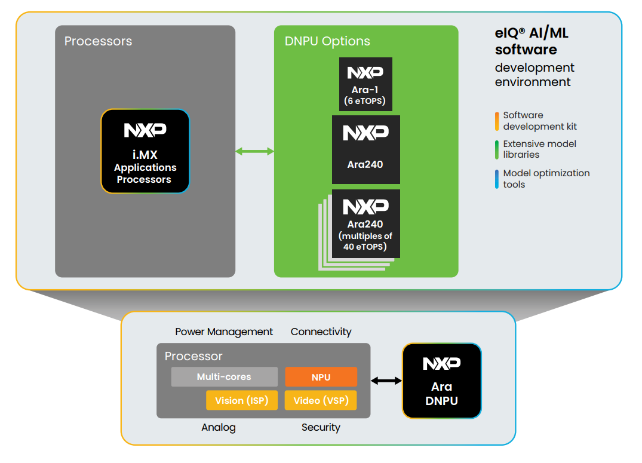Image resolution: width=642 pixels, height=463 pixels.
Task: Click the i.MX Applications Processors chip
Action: [145, 151]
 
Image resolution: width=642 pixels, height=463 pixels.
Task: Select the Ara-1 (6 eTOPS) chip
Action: [365, 84]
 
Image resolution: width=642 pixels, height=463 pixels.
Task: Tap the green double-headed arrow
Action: [254, 152]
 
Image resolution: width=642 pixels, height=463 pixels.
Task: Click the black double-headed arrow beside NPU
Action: [386, 381]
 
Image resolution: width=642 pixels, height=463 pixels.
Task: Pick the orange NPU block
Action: [321, 377]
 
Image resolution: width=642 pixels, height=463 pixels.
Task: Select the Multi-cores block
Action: [224, 377]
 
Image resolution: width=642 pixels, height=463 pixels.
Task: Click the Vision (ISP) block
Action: [242, 400]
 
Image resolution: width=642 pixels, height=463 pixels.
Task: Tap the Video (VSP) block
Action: [321, 400]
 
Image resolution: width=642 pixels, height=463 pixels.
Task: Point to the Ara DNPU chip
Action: [441, 381]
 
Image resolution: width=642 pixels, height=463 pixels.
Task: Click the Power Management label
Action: [224, 332]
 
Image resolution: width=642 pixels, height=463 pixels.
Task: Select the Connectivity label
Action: [321, 332]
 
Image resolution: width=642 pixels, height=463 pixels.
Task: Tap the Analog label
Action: [219, 427]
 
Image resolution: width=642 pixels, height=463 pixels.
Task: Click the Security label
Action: [321, 427]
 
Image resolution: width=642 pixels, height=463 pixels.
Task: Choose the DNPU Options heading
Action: [327, 41]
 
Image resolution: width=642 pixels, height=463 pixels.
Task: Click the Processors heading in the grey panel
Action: [98, 41]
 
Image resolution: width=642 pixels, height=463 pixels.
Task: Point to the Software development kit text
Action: [539, 121]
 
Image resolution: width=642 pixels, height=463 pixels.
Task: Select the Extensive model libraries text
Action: [539, 149]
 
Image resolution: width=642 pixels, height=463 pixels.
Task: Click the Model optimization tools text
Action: [546, 179]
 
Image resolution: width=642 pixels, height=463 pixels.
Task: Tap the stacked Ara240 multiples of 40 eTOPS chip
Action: [365, 225]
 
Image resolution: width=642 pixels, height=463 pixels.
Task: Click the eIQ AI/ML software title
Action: [532, 41]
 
